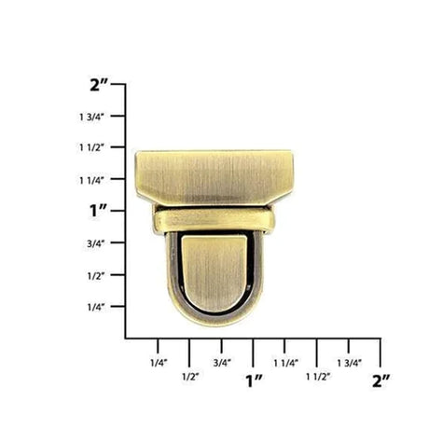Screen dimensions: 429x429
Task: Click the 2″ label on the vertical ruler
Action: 100,85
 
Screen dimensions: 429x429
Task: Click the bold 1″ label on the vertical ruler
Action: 100,211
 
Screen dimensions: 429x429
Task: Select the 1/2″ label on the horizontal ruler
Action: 189,377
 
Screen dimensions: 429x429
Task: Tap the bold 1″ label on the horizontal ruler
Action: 253,380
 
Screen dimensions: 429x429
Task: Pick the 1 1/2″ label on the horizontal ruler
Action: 317,377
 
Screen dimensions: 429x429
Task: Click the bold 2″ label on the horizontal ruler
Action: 380,380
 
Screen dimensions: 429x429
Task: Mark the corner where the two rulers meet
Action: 126,338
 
